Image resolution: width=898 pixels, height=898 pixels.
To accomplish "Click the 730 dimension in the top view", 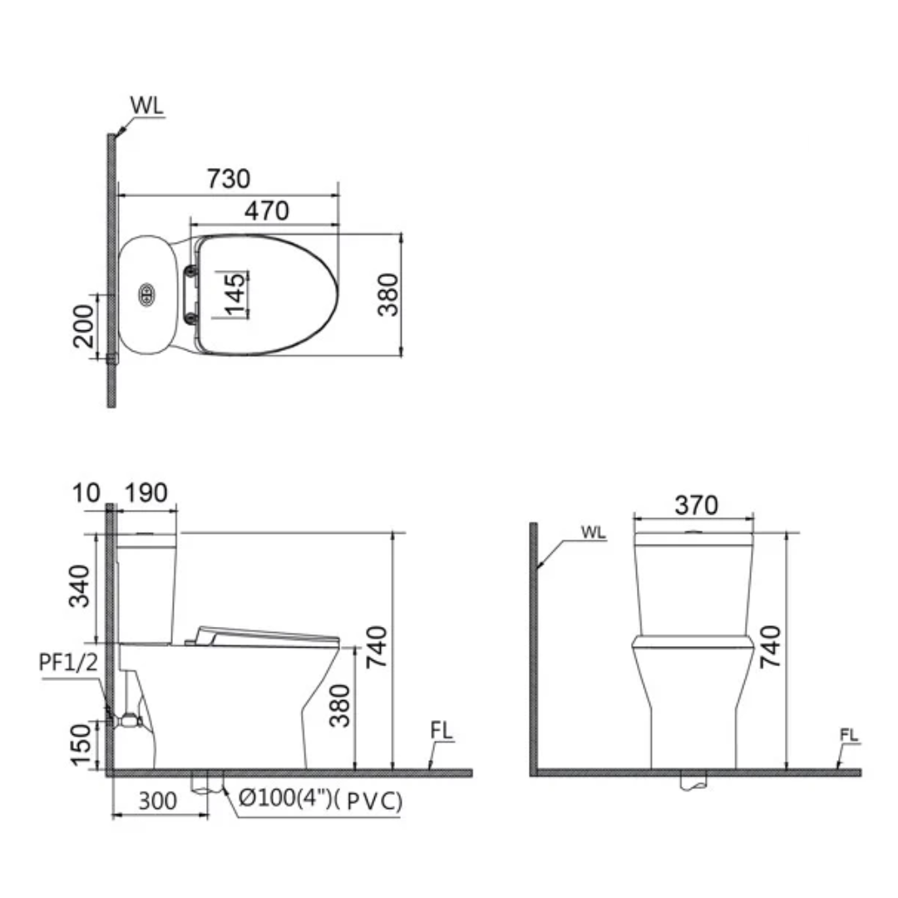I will [228, 179].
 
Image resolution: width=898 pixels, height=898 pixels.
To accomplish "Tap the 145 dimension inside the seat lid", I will [235, 294].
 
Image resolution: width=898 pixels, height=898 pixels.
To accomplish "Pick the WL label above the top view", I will [146, 106].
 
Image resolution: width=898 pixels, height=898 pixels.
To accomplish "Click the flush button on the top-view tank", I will [146, 294].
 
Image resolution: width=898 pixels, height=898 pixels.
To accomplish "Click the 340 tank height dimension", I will [81, 586].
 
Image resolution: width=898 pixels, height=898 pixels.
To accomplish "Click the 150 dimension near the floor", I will [81, 745].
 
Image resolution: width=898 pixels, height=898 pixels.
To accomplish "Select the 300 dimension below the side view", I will [158, 801].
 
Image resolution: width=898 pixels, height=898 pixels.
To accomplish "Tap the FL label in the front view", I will [848, 735].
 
